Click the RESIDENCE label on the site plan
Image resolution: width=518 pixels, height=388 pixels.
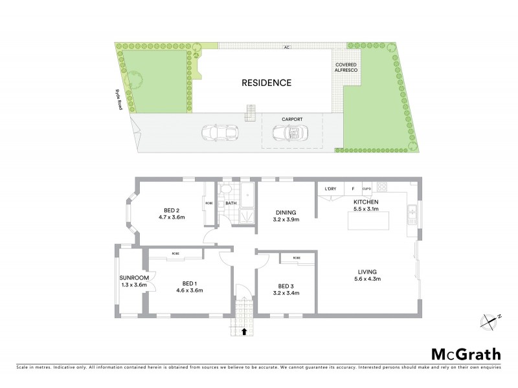(x=267, y=83)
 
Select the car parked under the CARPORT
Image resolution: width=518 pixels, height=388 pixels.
(x=288, y=133)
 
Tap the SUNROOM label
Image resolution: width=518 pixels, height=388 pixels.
(x=135, y=277)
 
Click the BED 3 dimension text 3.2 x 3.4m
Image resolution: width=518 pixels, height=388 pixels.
(x=287, y=294)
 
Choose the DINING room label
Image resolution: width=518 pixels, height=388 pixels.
(x=286, y=212)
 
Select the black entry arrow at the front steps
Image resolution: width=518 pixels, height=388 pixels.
(x=243, y=332)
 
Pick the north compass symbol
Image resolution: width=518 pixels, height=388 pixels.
(x=490, y=319)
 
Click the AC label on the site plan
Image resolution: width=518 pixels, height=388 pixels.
(x=286, y=47)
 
